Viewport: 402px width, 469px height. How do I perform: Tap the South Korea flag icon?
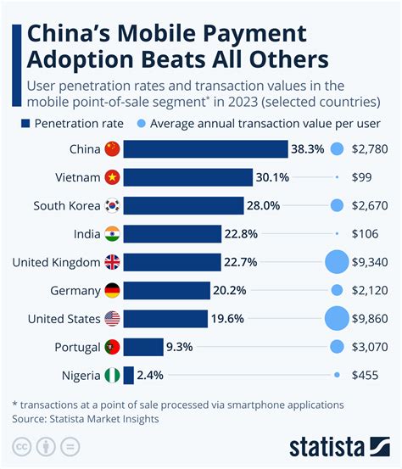112,205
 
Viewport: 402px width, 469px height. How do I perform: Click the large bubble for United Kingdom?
337,262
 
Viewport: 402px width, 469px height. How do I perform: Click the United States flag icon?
112,319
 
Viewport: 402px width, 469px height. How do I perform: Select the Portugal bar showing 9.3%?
143,347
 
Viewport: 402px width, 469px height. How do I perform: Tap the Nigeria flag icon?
112,375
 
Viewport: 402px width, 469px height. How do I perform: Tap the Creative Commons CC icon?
21,446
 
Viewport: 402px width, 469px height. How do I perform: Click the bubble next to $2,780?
337,149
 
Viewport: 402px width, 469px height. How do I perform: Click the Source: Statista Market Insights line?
85,418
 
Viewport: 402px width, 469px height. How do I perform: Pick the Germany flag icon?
112,290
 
